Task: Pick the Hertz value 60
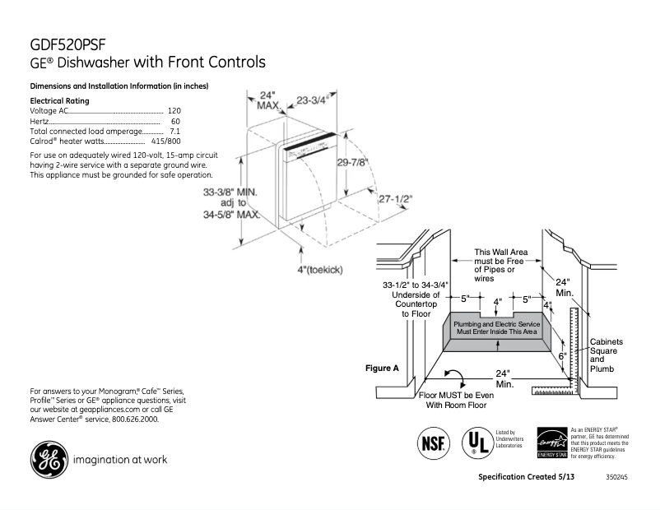175,122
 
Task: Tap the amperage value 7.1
174,132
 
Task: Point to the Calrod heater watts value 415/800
166,142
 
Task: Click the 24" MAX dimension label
267,100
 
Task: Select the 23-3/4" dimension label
313,100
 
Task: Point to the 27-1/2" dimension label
395,199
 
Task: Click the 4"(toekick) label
320,270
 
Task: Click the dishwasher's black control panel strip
309,144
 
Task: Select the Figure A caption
382,369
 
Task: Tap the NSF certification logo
433,441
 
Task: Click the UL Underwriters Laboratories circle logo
476,441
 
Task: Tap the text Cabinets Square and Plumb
607,355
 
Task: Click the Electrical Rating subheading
60,100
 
